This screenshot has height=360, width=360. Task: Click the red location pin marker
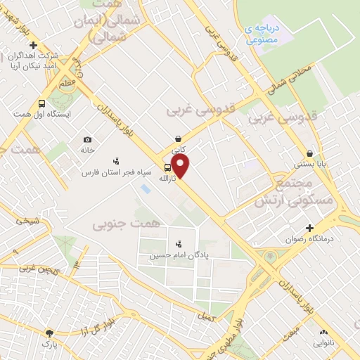point(181,166)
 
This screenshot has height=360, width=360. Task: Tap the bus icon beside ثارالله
point(167,167)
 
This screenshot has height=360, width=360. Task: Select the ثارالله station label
point(167,179)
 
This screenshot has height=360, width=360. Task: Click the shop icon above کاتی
point(179,139)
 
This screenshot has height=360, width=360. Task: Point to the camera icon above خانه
point(87,139)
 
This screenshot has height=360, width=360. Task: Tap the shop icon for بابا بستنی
point(309,154)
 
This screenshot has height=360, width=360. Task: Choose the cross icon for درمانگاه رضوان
point(309,227)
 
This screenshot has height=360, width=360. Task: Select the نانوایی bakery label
point(323,343)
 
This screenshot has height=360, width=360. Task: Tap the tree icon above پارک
point(49,333)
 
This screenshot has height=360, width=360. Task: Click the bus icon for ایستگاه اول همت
point(41,103)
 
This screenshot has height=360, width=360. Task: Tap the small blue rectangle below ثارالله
point(145,189)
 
